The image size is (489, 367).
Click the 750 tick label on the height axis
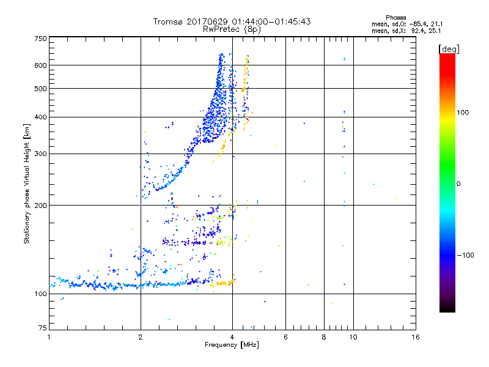coord(41,39)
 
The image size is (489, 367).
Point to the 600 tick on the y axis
coord(41,65)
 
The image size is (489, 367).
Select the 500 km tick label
coord(41,88)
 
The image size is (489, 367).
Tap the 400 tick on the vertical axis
coord(41,117)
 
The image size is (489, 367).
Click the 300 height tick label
coord(41,154)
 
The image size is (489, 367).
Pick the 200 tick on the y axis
coord(41,205)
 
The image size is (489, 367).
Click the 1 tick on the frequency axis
coord(49,337)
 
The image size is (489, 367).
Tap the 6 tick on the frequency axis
coord(285,337)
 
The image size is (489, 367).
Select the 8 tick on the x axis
coord(324,337)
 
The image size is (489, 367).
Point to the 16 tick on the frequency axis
coord(415,337)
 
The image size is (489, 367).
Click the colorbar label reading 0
coord(459,183)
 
